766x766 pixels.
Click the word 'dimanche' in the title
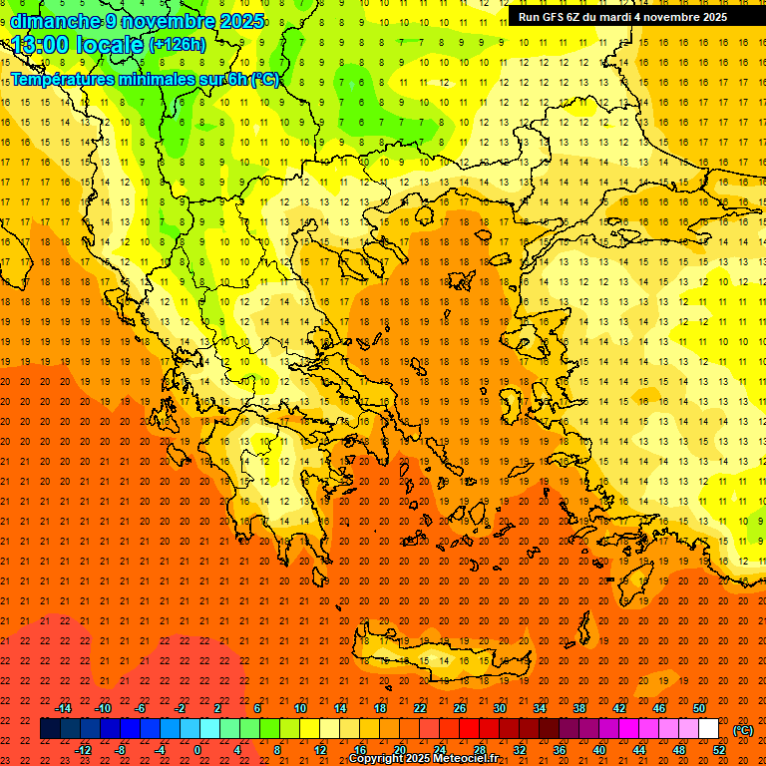point(56,21)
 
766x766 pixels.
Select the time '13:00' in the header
point(42,45)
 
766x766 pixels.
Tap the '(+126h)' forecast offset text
point(177,45)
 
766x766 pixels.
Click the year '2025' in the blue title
point(240,21)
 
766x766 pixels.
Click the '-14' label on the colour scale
point(64,708)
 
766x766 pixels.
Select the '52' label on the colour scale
point(719,750)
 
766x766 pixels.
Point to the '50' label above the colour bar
point(699,708)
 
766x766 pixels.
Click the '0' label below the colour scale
point(198,750)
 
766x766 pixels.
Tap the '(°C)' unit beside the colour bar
point(743,730)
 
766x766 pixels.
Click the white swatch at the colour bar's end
point(708,729)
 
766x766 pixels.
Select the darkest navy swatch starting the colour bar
point(50,729)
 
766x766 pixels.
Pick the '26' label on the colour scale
point(460,708)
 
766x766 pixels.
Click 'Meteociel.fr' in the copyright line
point(465,759)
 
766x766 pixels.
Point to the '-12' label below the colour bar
point(84,750)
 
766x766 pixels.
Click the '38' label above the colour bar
point(579,708)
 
